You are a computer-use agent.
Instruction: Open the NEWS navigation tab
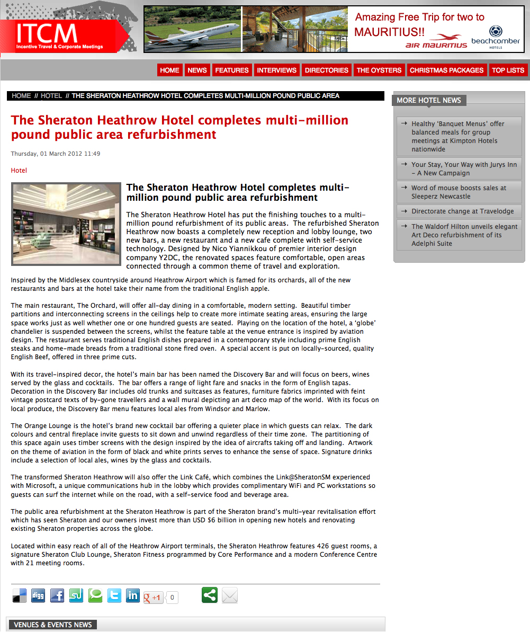coord(197,70)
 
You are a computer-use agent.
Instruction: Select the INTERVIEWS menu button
coord(276,70)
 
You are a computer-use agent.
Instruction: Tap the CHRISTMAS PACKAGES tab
coord(446,70)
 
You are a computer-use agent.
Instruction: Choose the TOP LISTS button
coord(507,70)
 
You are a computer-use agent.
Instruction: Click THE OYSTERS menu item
coord(379,70)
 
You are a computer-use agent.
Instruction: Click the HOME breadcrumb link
coord(21,96)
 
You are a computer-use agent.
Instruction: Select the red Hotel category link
coord(19,171)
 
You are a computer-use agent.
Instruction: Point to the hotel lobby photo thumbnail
coord(66,224)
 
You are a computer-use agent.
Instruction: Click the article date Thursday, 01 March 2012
coord(56,154)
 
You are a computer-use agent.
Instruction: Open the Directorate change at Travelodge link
coord(462,211)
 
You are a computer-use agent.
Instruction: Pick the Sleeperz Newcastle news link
coord(459,192)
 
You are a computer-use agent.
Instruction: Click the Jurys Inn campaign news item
coord(464,169)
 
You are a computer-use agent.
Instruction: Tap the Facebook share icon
coord(57,595)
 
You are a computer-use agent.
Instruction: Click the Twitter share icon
coord(114,595)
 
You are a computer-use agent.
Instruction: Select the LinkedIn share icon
coord(133,595)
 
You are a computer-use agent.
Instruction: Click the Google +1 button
coord(153,598)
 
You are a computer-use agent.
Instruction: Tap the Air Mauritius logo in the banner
coord(436,41)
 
